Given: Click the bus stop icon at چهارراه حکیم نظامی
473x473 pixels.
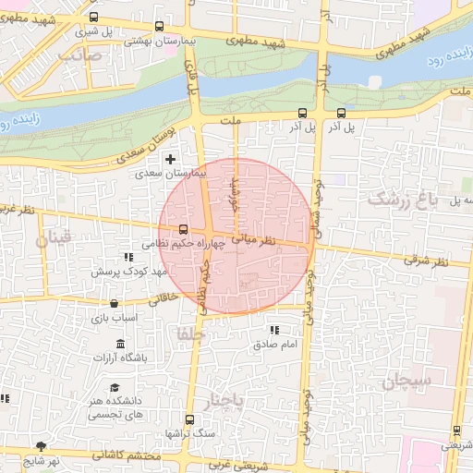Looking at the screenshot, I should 182,229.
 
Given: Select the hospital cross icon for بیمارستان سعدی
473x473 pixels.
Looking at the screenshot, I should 170,159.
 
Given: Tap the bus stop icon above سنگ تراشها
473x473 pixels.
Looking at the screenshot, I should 189,419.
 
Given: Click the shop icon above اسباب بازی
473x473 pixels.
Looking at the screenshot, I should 113,303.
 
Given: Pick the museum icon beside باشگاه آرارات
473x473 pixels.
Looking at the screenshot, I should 121,345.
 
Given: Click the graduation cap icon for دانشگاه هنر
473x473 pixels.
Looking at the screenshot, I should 115,388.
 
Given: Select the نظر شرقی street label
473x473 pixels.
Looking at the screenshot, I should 424,260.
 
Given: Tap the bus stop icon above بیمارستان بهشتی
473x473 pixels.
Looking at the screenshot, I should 161,27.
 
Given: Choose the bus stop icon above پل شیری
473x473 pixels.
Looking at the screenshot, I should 94,18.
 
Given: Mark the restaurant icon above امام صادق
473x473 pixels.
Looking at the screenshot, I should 273,330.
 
